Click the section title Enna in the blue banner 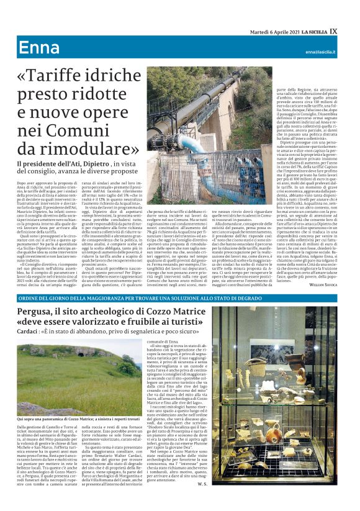pyautogui.click(x=38, y=48)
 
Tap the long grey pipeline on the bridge pyautogui.click(x=205, y=93)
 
